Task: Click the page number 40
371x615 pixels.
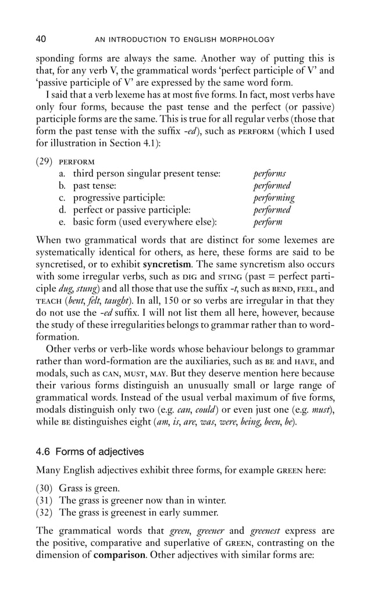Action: (41, 39)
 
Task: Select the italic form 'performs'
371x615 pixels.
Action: (269, 174)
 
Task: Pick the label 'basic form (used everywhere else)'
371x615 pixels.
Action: (145, 222)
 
